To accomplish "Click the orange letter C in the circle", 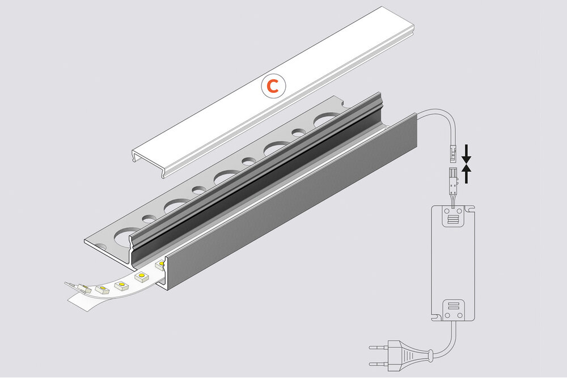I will [x=273, y=86].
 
